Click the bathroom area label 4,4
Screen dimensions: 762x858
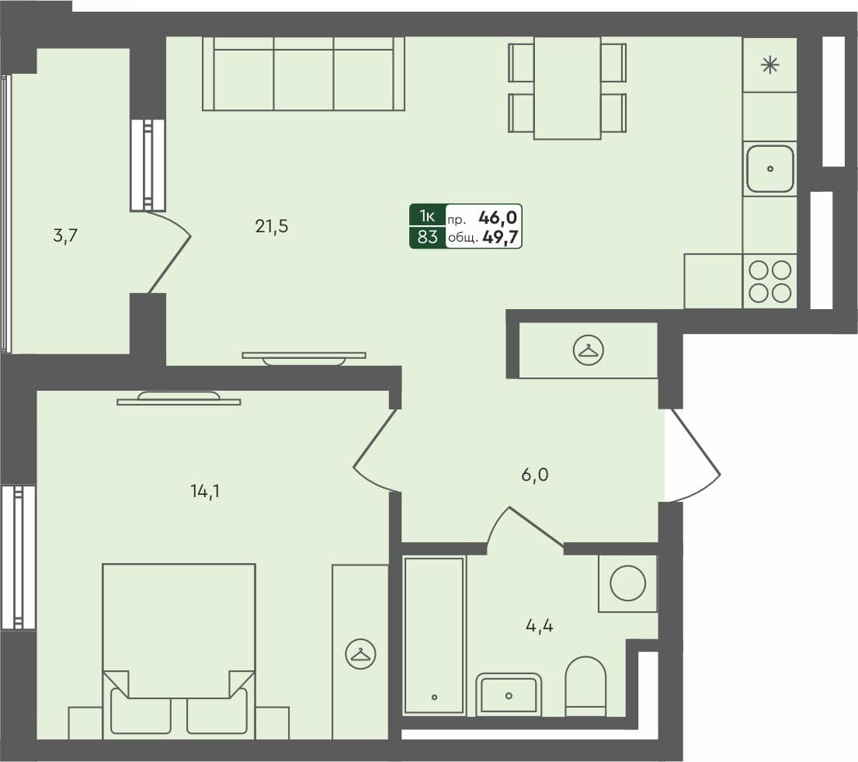tap(539, 625)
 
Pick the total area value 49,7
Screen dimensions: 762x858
tap(501, 237)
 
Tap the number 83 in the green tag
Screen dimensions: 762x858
tap(427, 237)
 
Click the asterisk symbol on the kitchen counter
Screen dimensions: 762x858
tap(769, 65)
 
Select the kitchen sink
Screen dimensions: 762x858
tap(769, 169)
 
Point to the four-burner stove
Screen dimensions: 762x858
tap(769, 280)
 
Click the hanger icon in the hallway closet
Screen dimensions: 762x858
tap(588, 351)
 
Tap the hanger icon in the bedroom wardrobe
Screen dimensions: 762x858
tap(360, 653)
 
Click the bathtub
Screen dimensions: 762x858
tap(434, 635)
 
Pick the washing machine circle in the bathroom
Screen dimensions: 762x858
tap(627, 582)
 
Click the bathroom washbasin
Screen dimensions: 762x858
tap(509, 694)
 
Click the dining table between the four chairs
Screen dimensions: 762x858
tap(568, 87)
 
